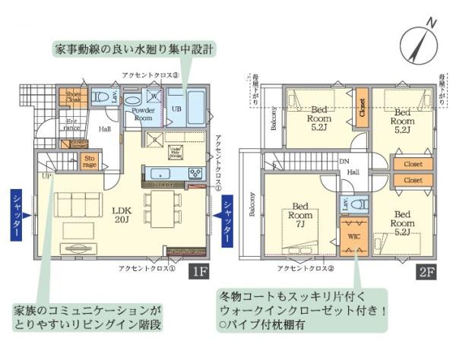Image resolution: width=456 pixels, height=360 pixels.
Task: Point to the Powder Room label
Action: coord(143,114)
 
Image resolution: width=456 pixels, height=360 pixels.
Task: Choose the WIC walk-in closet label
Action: coord(353,236)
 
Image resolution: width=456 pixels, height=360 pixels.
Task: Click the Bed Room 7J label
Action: coord(300,215)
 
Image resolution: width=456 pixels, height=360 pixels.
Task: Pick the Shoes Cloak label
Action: coord(73,96)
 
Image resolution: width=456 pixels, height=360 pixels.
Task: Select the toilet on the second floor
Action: coord(361,204)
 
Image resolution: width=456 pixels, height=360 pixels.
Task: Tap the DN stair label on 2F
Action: coord(344,161)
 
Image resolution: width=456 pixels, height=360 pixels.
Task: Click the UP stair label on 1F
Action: coord(47,176)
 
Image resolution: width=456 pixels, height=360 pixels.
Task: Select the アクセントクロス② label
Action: coord(302,267)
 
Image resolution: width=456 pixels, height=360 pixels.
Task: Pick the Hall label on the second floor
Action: coord(353,173)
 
